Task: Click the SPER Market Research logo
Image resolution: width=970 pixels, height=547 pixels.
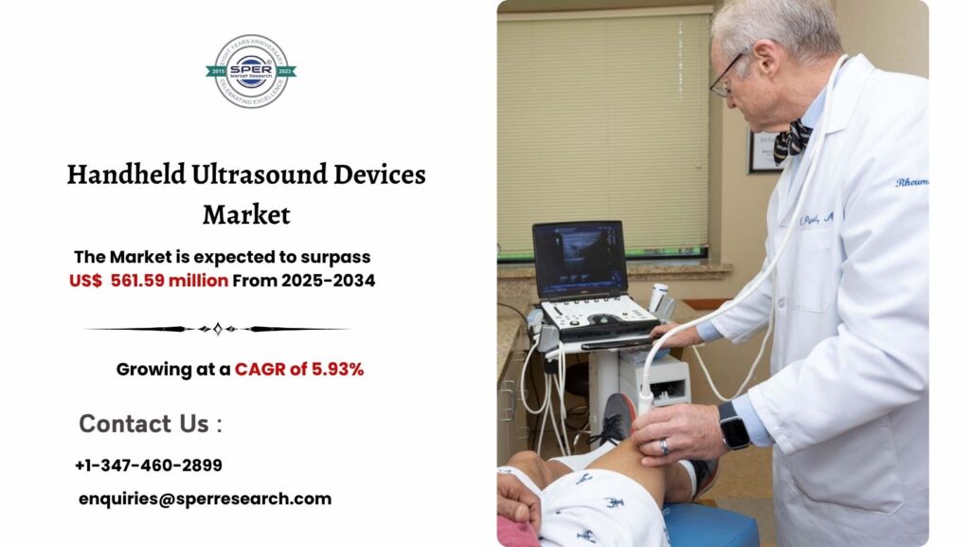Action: [251, 71]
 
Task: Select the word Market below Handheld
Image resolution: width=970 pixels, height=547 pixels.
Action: [246, 214]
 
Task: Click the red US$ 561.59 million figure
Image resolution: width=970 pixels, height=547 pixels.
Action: [149, 281]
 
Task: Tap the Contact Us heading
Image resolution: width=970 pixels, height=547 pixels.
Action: [150, 424]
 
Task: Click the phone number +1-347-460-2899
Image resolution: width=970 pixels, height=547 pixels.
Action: [149, 465]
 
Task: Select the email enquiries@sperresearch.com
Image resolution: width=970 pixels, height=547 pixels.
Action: [205, 499]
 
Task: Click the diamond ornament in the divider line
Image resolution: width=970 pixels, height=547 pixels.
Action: [218, 329]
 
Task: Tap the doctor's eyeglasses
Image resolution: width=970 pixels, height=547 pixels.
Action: [726, 77]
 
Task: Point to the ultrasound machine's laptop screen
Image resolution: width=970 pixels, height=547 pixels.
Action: [579, 260]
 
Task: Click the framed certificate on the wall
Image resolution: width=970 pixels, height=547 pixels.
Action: [763, 152]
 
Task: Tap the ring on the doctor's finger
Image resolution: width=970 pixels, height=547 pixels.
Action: [663, 445]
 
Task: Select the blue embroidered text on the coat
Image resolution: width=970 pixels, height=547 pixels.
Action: [911, 180]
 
